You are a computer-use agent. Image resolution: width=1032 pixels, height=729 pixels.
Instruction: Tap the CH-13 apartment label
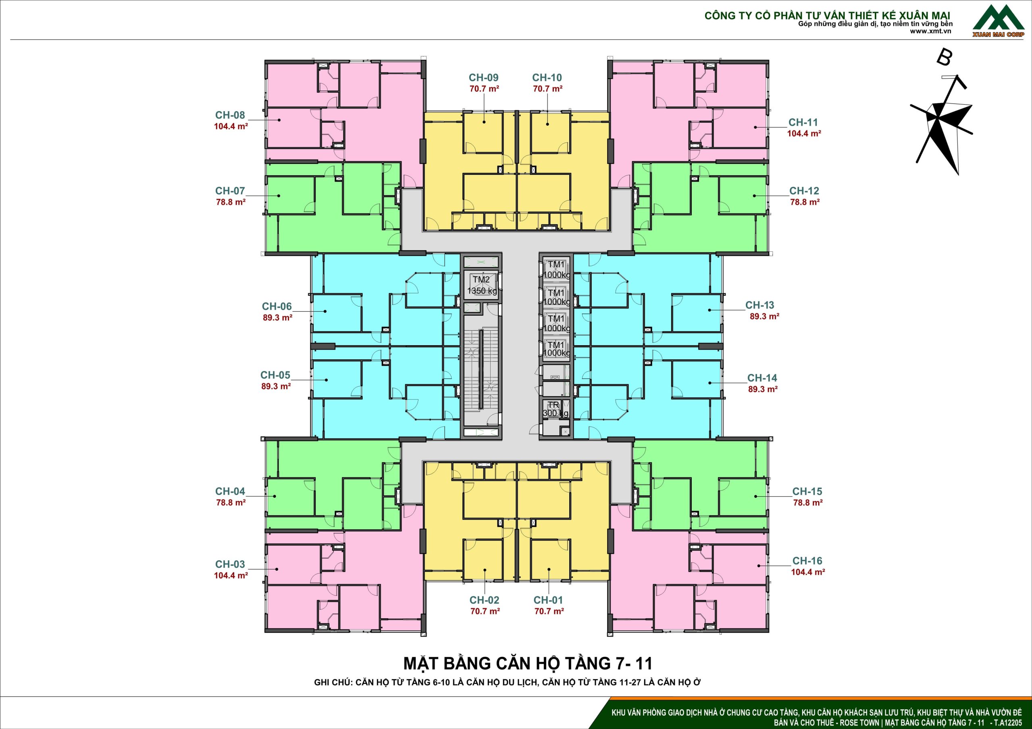(760, 305)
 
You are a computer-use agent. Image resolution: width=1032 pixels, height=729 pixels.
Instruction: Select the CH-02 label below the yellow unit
(485, 600)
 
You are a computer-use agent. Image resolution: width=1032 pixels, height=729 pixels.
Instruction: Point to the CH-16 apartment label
(807, 561)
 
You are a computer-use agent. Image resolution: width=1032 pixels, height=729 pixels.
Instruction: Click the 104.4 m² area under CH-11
(804, 133)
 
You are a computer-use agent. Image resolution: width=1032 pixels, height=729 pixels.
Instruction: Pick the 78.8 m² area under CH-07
(231, 202)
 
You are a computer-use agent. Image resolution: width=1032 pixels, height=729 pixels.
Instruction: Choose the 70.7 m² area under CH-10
(548, 89)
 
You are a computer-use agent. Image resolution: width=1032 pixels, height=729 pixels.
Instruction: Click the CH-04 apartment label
(230, 491)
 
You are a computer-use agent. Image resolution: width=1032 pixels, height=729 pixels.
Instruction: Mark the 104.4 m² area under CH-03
(231, 576)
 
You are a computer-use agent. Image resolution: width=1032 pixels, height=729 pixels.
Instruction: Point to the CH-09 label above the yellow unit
(484, 78)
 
